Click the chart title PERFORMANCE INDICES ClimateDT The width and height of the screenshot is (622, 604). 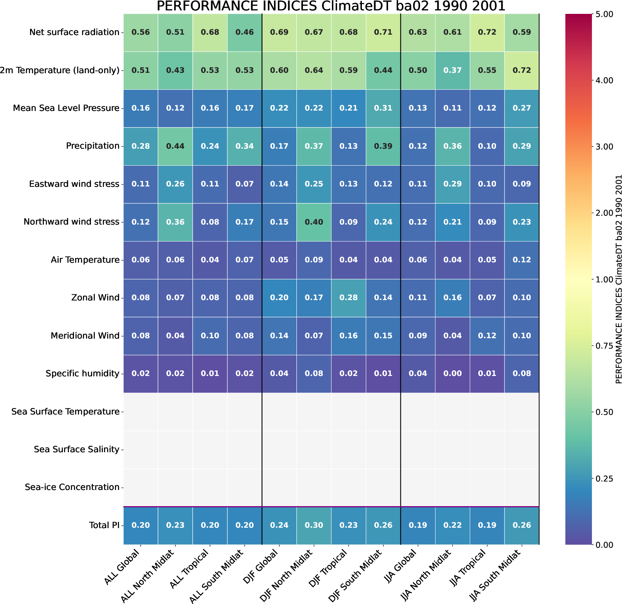coord(331,7)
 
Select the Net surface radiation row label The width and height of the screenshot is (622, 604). coord(74,32)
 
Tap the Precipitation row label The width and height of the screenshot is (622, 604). coord(92,146)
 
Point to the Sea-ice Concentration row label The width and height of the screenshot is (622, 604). coord(72,487)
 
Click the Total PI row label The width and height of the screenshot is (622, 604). coord(104,525)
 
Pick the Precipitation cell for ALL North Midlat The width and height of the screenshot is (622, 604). coord(175,146)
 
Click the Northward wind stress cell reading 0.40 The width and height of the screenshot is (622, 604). coord(314,222)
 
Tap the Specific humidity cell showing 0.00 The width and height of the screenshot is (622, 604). coord(452,374)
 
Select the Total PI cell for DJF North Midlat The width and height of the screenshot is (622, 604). coord(314,525)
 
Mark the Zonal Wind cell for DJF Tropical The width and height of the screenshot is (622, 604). coord(349,298)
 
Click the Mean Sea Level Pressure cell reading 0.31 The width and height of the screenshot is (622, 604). coord(383,108)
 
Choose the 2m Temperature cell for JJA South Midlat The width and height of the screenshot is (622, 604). coord(522,70)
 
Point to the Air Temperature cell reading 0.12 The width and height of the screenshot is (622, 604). coord(522,260)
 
